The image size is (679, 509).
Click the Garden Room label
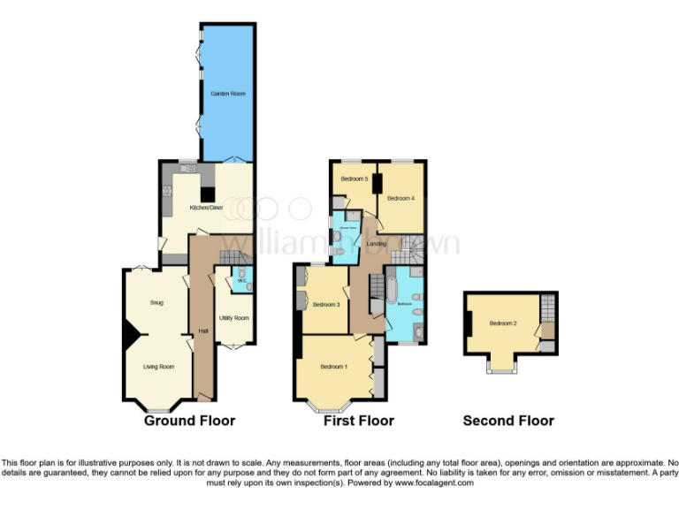(227, 93)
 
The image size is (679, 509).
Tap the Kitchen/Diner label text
(204, 209)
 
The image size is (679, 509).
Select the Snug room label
(156, 303)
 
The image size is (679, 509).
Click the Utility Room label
(234, 317)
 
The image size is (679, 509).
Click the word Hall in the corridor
(203, 330)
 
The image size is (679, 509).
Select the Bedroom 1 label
(333, 367)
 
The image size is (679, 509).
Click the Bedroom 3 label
(326, 305)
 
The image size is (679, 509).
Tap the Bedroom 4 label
(401, 199)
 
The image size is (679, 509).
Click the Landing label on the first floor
(377, 244)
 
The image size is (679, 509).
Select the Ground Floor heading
(189, 421)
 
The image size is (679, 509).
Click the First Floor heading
(359, 421)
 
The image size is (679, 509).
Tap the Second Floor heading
(508, 421)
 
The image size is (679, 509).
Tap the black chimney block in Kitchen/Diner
(207, 194)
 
